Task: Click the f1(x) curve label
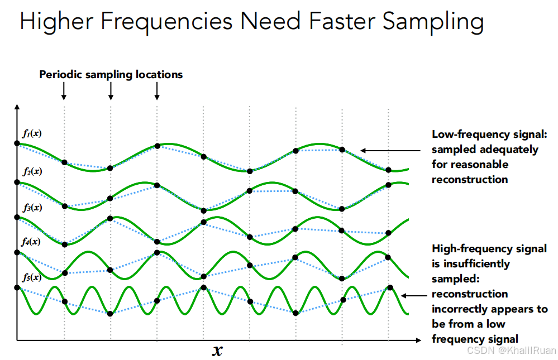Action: [x=32, y=134]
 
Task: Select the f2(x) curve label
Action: [x=32, y=171]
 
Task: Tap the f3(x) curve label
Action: [x=32, y=208]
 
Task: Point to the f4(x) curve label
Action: [x=31, y=242]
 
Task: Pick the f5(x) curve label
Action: [x=32, y=277]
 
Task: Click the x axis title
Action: [x=217, y=351]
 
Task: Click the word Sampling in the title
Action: [x=433, y=21]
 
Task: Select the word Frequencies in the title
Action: [x=166, y=21]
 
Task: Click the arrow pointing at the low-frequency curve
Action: [x=390, y=151]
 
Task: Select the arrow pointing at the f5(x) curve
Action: [x=414, y=296]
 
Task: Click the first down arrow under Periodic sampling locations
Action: [x=64, y=91]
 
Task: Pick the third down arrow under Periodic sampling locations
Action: [x=157, y=91]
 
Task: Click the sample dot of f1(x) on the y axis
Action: [x=17, y=143]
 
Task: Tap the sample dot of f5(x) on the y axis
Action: [x=17, y=287]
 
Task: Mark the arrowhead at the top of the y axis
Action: [x=17, y=107]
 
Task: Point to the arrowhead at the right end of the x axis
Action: [x=418, y=340]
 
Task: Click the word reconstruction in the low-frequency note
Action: [x=470, y=180]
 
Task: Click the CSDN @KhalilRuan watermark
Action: [x=512, y=351]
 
